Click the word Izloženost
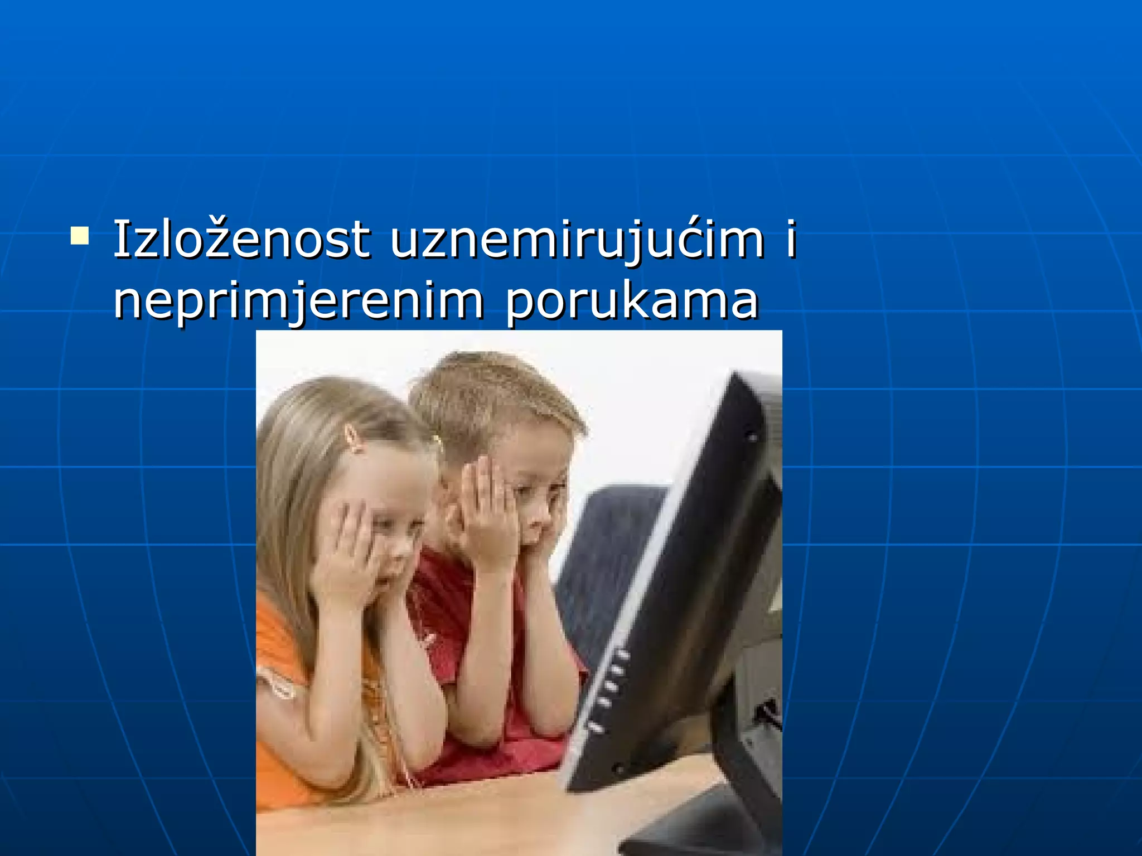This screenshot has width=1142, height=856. (241, 241)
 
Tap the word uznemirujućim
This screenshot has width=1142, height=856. (577, 241)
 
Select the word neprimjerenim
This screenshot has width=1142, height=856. (298, 302)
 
